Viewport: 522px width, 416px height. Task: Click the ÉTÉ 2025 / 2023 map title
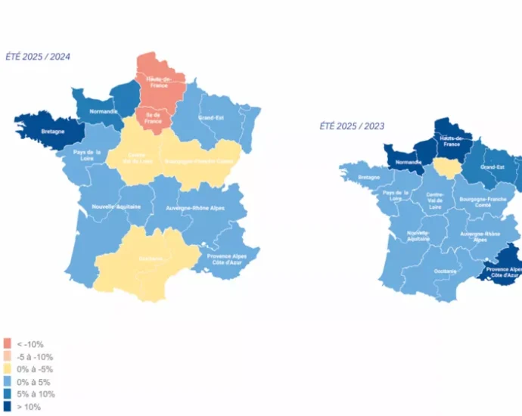tap(350, 126)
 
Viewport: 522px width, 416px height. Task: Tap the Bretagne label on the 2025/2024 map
tap(53, 131)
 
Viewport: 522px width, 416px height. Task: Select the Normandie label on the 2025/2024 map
tap(104, 111)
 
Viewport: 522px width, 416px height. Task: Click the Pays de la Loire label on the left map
tap(88, 156)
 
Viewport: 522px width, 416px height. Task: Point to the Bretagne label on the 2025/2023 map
tap(369, 177)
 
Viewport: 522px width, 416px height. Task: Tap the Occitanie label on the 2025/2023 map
tap(446, 270)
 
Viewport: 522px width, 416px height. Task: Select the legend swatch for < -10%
tap(7, 343)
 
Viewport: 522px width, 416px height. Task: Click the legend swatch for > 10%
tap(7, 407)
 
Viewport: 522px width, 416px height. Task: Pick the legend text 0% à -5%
tap(34, 369)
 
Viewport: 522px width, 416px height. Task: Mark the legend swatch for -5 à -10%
tap(7, 356)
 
